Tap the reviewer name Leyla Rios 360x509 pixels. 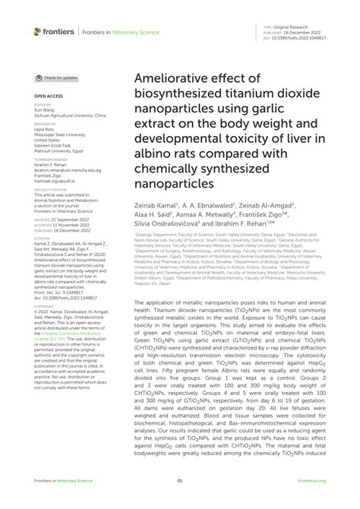coord(43,130)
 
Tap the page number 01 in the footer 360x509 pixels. coord(180,501)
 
